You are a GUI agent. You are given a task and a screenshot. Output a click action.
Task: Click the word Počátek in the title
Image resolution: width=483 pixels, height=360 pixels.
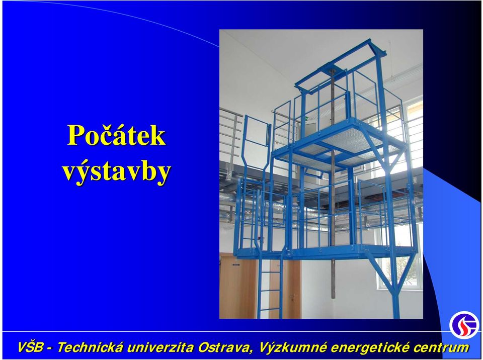[x=116, y=135]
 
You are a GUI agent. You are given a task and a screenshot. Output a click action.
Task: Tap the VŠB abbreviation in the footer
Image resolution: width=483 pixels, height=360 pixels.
[x=31, y=347]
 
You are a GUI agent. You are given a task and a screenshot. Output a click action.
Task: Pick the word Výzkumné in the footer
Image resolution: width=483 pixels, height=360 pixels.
[x=293, y=347]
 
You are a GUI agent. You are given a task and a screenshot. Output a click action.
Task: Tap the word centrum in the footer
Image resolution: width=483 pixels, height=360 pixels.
[x=441, y=347]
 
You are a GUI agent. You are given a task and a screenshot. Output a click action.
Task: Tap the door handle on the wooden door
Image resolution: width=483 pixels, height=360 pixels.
[x=292, y=296]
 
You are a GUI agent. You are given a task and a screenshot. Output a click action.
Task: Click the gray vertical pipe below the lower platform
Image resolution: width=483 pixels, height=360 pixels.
[x=333, y=279]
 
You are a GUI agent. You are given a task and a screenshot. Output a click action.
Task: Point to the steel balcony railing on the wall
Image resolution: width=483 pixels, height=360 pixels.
[x=231, y=132]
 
